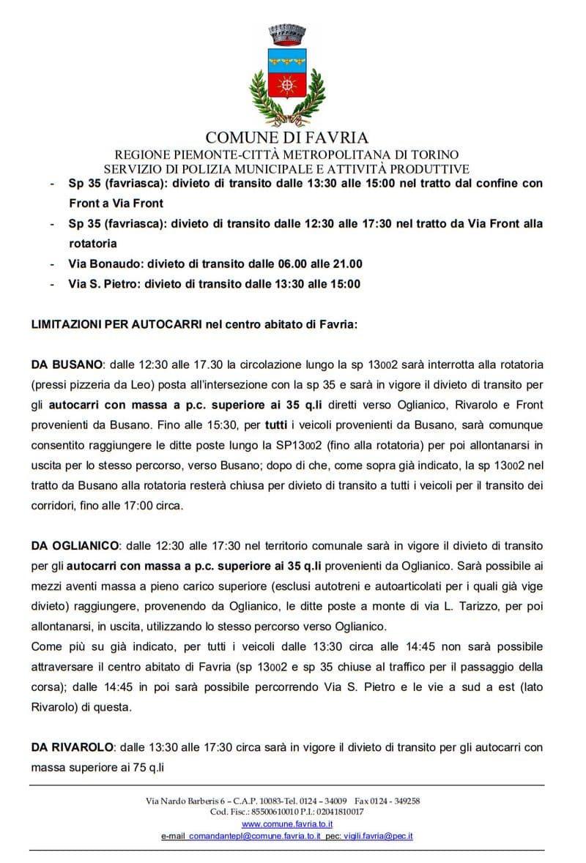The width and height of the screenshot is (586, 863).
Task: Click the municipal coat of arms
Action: point(287,77)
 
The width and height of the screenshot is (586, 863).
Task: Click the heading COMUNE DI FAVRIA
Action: point(287,138)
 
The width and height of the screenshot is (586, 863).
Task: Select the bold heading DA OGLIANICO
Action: point(76,546)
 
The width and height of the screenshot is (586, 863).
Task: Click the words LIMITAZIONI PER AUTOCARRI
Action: point(116,324)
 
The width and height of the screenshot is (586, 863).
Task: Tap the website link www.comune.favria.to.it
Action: point(287,823)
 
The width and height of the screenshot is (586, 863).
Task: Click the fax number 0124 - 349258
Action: point(396,801)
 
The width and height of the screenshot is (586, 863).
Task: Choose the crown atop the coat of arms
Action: point(287,33)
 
